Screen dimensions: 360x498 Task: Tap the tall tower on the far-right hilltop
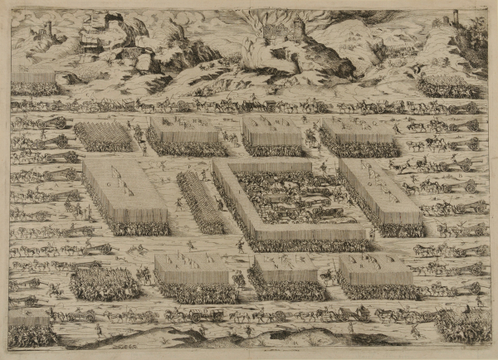click(456, 18)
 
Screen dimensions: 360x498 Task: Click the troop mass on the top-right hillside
click(449, 86)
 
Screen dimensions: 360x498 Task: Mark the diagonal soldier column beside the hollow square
click(200, 202)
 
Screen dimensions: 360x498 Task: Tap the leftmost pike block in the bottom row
click(194, 279)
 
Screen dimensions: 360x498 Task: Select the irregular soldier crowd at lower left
click(105, 284)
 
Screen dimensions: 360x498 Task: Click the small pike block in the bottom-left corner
click(32, 328)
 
